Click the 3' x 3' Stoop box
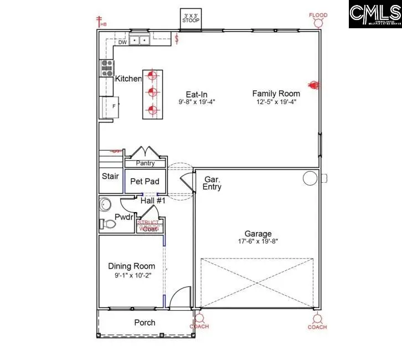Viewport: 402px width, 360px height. click(191, 18)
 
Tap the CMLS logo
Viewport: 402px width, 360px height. click(374, 14)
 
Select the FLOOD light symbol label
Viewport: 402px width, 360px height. click(318, 16)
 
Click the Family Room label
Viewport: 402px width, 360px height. click(276, 94)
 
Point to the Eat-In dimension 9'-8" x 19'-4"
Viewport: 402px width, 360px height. click(197, 102)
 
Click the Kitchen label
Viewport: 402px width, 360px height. click(128, 79)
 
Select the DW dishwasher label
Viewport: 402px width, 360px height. click(122, 42)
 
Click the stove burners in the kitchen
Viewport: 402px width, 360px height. click(106, 68)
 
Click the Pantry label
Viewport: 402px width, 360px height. click(145, 163)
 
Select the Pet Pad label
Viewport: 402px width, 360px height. click(145, 181)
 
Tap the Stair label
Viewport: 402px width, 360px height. click(110, 176)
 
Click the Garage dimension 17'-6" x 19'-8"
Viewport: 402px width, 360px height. click(259, 241)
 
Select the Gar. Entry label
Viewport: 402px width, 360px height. click(213, 183)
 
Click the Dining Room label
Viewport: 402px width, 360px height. click(131, 266)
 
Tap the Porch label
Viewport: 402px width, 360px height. click(145, 322)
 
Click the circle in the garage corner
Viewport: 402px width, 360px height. click(308, 178)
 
